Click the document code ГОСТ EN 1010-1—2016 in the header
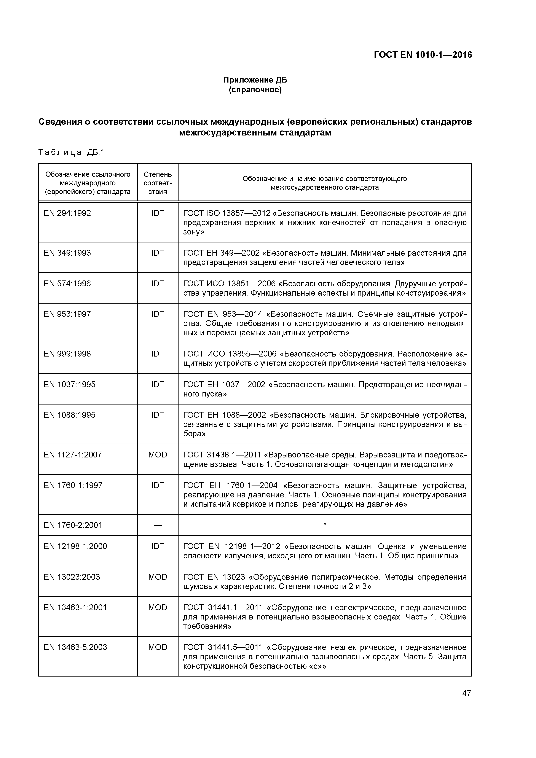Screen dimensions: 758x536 pos(423,55)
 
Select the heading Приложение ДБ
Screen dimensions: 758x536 pos(255,80)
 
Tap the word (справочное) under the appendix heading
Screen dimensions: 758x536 pos(255,90)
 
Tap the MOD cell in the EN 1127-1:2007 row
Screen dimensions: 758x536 pos(158,455)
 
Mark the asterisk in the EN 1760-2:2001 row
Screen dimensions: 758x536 pos(325,524)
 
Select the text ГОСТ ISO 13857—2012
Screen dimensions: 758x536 pos(226,213)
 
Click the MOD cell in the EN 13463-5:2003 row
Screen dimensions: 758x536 pos(158,647)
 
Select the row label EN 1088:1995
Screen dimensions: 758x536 pos(69,415)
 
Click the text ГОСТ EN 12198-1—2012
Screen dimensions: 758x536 pos(231,546)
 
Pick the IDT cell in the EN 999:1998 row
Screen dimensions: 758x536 pos(158,354)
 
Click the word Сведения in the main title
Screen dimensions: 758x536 pos(60,122)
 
